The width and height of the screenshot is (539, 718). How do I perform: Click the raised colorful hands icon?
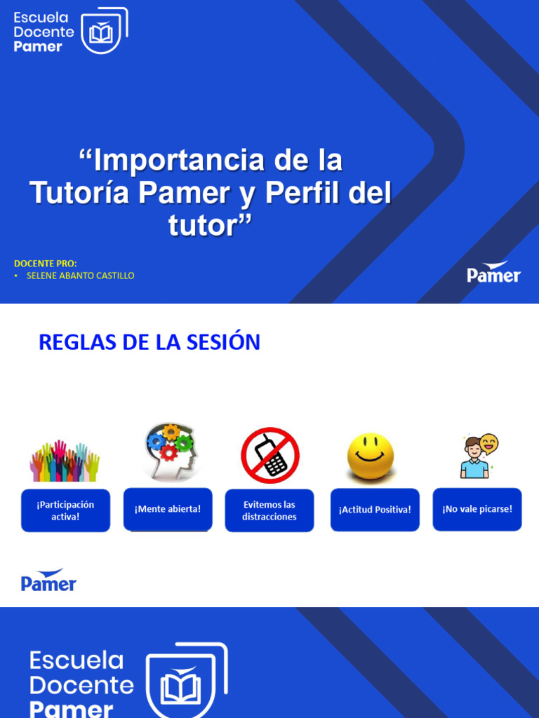click(65, 461)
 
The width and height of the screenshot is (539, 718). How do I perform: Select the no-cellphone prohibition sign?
click(270, 455)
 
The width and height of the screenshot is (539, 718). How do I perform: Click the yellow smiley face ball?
click(370, 456)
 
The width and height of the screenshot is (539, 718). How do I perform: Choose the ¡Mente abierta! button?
click(168, 509)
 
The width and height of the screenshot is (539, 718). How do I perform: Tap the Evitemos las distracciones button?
click(269, 510)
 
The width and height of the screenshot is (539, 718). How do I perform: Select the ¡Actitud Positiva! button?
click(375, 510)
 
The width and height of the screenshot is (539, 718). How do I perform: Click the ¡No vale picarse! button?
click(477, 509)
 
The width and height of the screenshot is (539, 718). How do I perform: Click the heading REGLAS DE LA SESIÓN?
click(149, 342)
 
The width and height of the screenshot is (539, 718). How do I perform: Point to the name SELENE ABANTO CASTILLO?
click(80, 276)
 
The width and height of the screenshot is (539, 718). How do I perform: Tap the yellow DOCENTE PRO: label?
click(46, 264)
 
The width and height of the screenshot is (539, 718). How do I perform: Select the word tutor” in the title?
click(209, 226)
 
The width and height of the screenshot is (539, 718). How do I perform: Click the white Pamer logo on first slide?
click(494, 272)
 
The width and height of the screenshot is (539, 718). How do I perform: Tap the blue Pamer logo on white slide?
click(48, 581)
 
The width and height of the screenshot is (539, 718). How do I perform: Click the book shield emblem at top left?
click(104, 32)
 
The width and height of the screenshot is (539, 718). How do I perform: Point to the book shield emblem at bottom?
click(185, 680)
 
